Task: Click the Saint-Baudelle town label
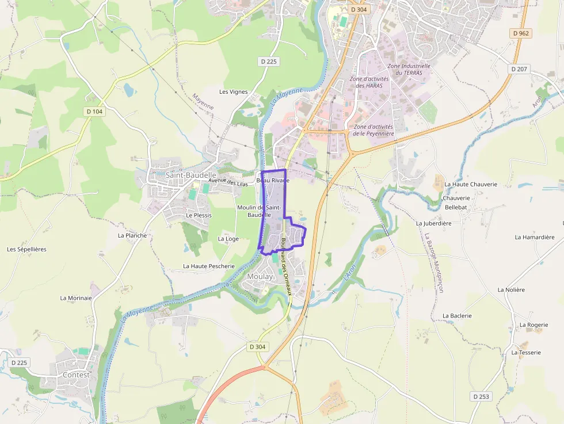(x=190, y=175)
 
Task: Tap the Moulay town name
(x=260, y=277)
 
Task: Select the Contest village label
(x=76, y=375)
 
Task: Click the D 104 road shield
(x=94, y=112)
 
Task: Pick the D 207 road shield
(x=519, y=69)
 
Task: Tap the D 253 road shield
(x=481, y=396)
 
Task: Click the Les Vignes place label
(x=233, y=92)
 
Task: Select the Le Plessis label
(x=199, y=215)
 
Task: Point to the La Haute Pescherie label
(x=209, y=266)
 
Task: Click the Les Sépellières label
(x=26, y=249)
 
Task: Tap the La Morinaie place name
(x=76, y=298)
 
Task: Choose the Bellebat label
(x=456, y=207)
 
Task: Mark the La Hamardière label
(x=535, y=237)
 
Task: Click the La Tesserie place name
(x=526, y=352)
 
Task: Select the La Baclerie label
(x=457, y=316)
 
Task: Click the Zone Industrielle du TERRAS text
(x=409, y=70)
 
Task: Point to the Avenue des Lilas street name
(x=228, y=182)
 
